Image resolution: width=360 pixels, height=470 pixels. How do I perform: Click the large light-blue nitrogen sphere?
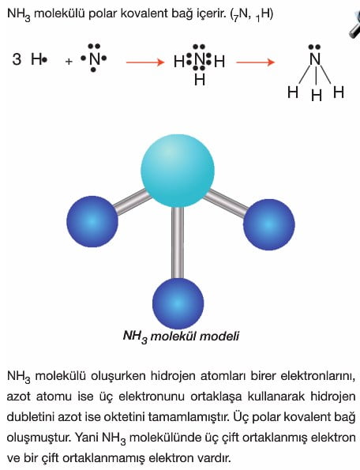pos(178,171)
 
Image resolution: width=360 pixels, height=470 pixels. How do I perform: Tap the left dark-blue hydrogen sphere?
pos(92,221)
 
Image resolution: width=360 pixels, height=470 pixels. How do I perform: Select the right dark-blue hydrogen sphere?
pos(268,224)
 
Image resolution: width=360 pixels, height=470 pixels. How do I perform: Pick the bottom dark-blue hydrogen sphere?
pos(178,303)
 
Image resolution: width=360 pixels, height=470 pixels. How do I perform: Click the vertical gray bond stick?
pos(178,243)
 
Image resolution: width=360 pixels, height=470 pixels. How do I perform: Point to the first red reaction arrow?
pos(145,62)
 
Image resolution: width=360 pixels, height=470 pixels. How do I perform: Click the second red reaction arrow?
pos(256,62)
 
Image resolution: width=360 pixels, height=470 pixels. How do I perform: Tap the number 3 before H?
pos(17,59)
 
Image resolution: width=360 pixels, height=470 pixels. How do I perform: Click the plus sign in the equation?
pos(69,62)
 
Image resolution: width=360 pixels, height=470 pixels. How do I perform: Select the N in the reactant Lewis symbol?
pos(95,59)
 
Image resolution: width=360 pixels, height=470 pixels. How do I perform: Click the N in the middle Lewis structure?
pos(200,61)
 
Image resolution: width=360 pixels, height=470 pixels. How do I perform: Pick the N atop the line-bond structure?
pos(315,59)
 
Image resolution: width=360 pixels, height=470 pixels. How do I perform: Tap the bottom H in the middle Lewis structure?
pos(200,80)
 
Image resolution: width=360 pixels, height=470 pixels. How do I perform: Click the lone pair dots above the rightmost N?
pos(315,47)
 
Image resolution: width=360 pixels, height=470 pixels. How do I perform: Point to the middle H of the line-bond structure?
pos(317,96)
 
